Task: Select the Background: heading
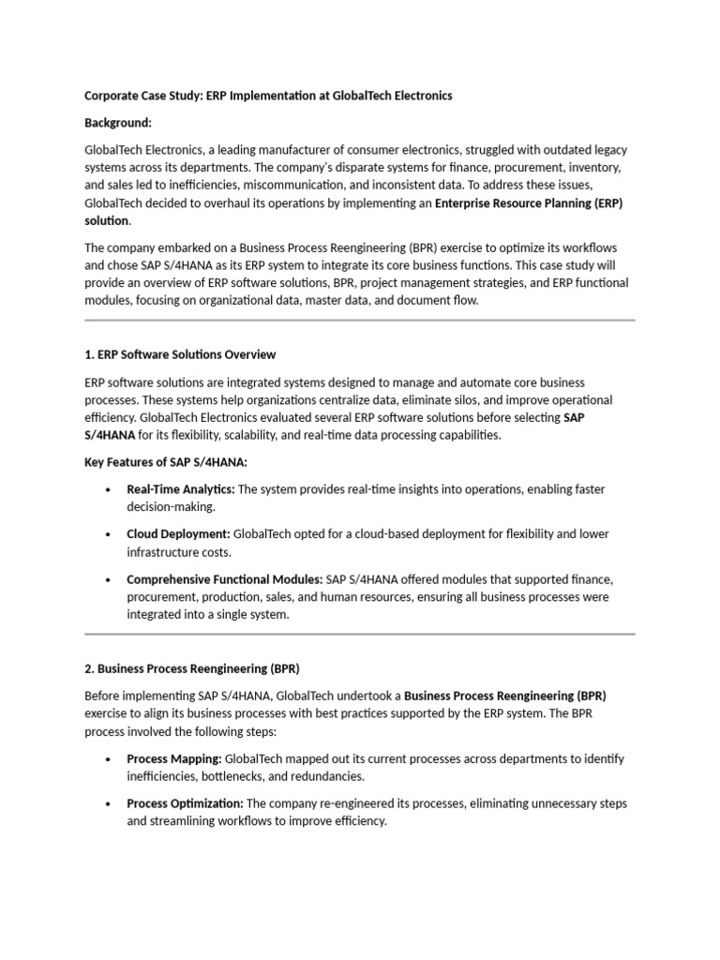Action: pyautogui.click(x=117, y=123)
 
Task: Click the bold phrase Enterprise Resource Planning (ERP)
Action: pyautogui.click(x=529, y=202)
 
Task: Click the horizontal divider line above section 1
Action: pyautogui.click(x=359, y=321)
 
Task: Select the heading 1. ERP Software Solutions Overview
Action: pyautogui.click(x=180, y=354)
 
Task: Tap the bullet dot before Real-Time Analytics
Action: pyautogui.click(x=110, y=490)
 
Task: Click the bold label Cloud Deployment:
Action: pyautogui.click(x=178, y=533)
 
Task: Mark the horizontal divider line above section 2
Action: pyautogui.click(x=359, y=635)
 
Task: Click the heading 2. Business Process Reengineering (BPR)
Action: pyautogui.click(x=191, y=668)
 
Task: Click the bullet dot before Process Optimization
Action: pyautogui.click(x=110, y=804)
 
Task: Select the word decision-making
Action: pyautogui.click(x=172, y=507)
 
